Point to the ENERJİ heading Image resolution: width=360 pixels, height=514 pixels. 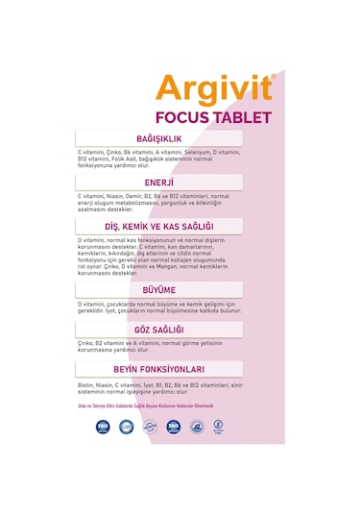tap(158, 182)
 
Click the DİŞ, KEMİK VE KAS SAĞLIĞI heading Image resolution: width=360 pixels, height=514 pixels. tap(158, 227)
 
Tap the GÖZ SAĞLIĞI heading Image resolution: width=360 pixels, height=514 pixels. tap(158, 330)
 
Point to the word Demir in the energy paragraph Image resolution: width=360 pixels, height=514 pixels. tap(133, 195)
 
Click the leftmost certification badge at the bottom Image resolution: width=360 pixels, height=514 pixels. tap(104, 427)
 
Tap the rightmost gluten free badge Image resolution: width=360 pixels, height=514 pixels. tap(219, 427)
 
